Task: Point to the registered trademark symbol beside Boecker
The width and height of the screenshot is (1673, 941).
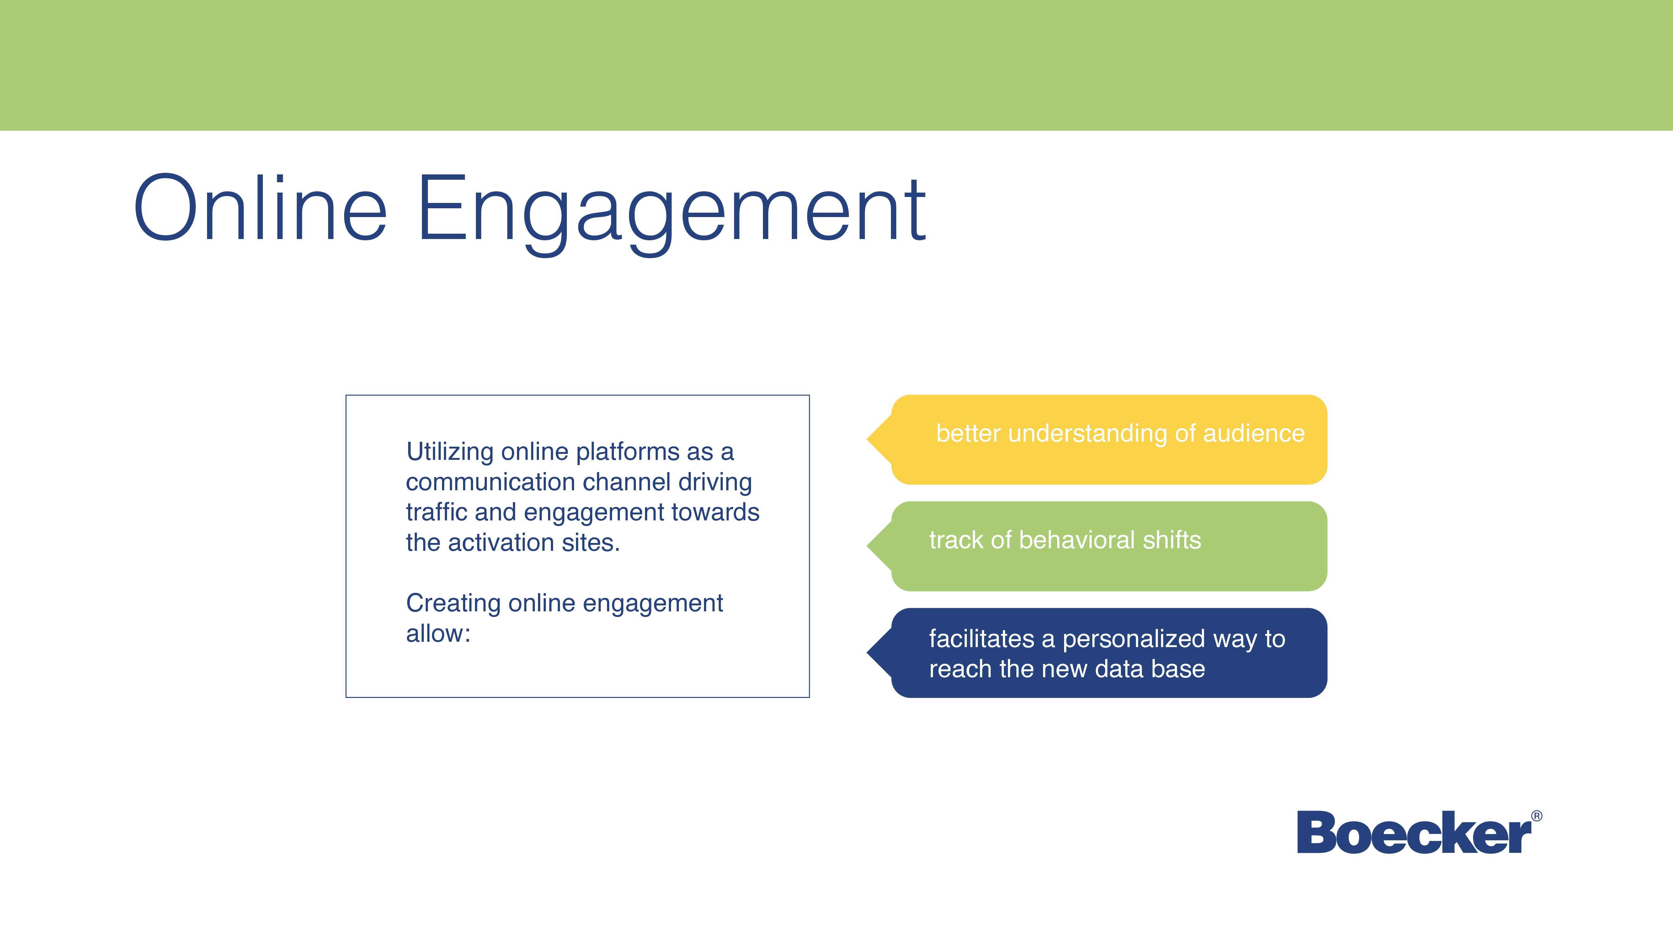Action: tap(1537, 816)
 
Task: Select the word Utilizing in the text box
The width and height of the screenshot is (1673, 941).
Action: tap(450, 452)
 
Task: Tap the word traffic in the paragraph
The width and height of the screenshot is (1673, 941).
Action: tap(437, 512)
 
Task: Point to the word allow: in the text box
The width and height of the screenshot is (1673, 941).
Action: tap(438, 633)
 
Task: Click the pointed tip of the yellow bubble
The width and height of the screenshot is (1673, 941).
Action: tap(867, 440)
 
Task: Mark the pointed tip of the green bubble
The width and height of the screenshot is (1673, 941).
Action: tap(867, 546)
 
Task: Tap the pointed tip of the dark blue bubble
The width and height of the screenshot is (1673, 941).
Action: tap(867, 653)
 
